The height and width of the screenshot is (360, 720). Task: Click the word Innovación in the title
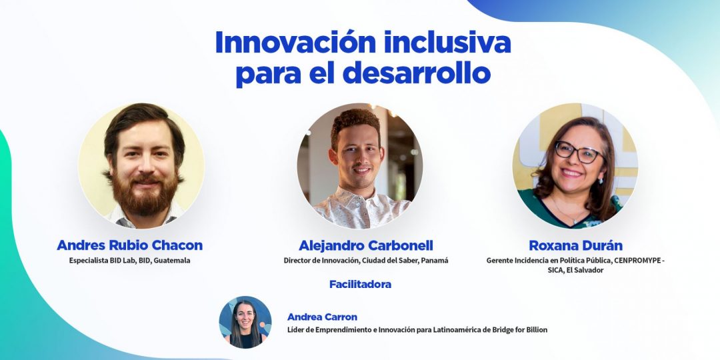click(296, 43)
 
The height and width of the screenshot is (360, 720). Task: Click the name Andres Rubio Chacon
click(129, 245)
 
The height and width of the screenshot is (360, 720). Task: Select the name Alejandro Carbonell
click(366, 245)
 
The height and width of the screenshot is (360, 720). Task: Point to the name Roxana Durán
click(576, 245)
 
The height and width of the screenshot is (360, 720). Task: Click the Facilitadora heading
click(361, 284)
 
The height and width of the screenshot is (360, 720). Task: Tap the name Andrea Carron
click(322, 317)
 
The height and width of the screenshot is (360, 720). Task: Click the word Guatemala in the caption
click(172, 261)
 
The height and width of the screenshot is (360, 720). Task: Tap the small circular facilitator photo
click(245, 322)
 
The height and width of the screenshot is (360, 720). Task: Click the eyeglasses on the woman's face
click(579, 153)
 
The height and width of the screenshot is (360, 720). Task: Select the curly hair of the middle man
click(356, 123)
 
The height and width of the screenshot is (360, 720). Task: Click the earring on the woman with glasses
click(600, 179)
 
